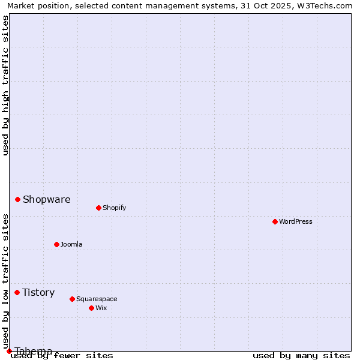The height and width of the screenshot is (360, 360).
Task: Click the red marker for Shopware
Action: (x=18, y=199)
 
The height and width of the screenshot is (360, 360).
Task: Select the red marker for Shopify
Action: (x=98, y=208)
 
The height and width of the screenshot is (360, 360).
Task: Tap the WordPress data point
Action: (x=275, y=221)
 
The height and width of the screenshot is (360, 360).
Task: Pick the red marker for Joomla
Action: (x=57, y=244)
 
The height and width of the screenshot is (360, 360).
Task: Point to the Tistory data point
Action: (x=17, y=292)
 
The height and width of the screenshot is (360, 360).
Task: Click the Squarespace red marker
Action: (x=73, y=299)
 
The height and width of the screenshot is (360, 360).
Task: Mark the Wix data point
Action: (x=92, y=308)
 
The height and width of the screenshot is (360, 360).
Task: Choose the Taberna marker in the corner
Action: (x=9, y=351)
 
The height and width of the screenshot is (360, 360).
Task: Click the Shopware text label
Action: (x=46, y=199)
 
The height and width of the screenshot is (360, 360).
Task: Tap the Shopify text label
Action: (x=114, y=208)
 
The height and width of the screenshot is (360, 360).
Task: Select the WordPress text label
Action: (x=296, y=221)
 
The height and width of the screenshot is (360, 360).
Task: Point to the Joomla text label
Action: (x=71, y=244)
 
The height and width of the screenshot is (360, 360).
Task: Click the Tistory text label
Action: (x=38, y=292)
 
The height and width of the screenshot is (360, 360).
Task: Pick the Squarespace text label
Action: (x=97, y=299)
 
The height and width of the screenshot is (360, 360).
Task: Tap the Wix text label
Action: (x=101, y=308)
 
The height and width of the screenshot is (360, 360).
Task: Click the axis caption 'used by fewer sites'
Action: (x=62, y=355)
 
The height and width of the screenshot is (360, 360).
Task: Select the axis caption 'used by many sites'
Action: (x=301, y=355)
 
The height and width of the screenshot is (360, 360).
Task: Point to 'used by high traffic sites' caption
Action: (x=6, y=85)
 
